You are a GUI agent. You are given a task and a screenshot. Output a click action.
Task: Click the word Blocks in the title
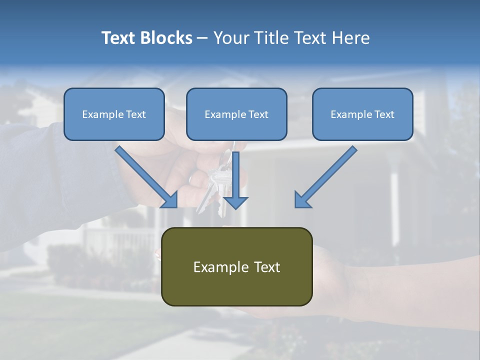click(x=167, y=38)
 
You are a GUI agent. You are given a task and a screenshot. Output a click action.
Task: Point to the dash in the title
click(x=202, y=38)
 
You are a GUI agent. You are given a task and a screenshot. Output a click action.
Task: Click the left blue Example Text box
click(x=114, y=114)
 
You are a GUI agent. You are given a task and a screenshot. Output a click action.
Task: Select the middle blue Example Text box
click(x=236, y=114)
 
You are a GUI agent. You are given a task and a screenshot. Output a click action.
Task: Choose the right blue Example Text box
click(x=362, y=114)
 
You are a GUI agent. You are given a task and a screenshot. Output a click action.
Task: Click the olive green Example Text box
click(x=236, y=266)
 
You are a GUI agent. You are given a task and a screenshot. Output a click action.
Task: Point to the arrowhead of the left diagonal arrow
click(x=169, y=199)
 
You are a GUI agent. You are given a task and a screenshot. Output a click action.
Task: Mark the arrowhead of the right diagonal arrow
click(x=303, y=199)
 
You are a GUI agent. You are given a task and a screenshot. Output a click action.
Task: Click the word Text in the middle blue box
click(x=258, y=114)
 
